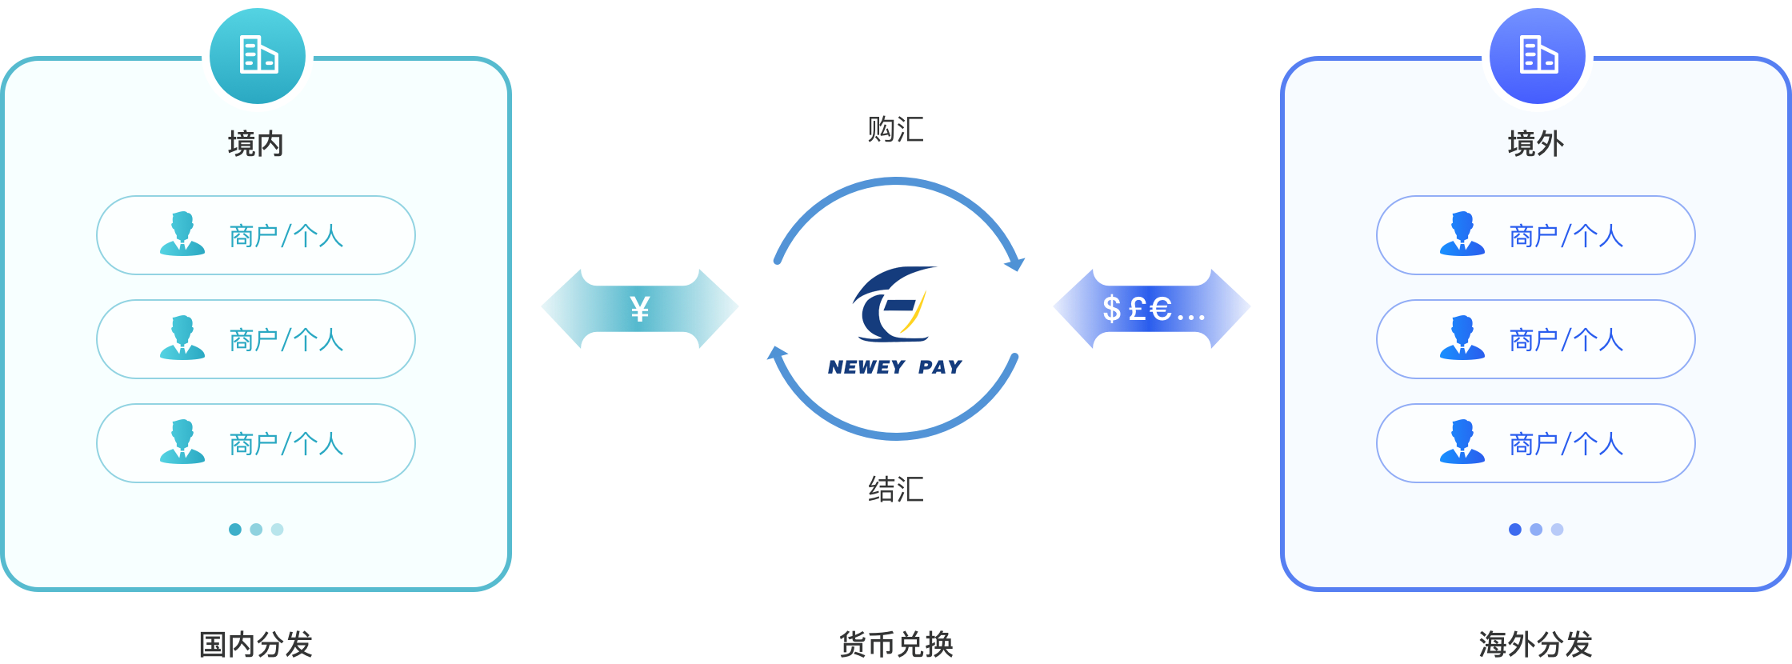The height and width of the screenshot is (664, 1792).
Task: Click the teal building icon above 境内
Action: tap(258, 55)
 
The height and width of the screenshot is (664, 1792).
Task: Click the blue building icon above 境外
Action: tap(1538, 55)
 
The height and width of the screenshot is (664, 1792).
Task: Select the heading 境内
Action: tap(256, 144)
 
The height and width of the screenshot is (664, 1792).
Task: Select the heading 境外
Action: tap(1536, 144)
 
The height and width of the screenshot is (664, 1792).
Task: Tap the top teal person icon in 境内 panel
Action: tap(182, 234)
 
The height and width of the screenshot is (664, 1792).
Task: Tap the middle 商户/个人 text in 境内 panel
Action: tap(286, 340)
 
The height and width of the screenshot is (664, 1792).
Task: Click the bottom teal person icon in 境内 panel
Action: tap(182, 442)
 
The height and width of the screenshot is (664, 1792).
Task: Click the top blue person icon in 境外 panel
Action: tap(1462, 234)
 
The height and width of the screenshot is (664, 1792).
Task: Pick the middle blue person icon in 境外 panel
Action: tap(1462, 338)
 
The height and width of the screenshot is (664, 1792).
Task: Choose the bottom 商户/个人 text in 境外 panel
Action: tap(1566, 444)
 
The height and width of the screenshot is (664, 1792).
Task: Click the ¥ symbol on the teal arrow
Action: tap(640, 309)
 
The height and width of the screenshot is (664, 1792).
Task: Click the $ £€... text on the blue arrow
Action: tap(1154, 309)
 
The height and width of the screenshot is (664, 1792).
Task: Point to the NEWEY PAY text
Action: tap(895, 367)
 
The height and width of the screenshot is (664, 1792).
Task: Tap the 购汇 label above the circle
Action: tap(896, 130)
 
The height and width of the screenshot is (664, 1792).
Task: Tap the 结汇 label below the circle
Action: tap(896, 489)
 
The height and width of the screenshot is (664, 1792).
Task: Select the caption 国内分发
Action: tap(256, 644)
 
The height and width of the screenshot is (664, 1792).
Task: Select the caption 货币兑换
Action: tap(896, 644)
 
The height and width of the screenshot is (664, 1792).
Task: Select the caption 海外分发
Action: tap(1536, 644)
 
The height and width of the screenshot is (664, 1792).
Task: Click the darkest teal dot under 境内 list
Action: tap(235, 530)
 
